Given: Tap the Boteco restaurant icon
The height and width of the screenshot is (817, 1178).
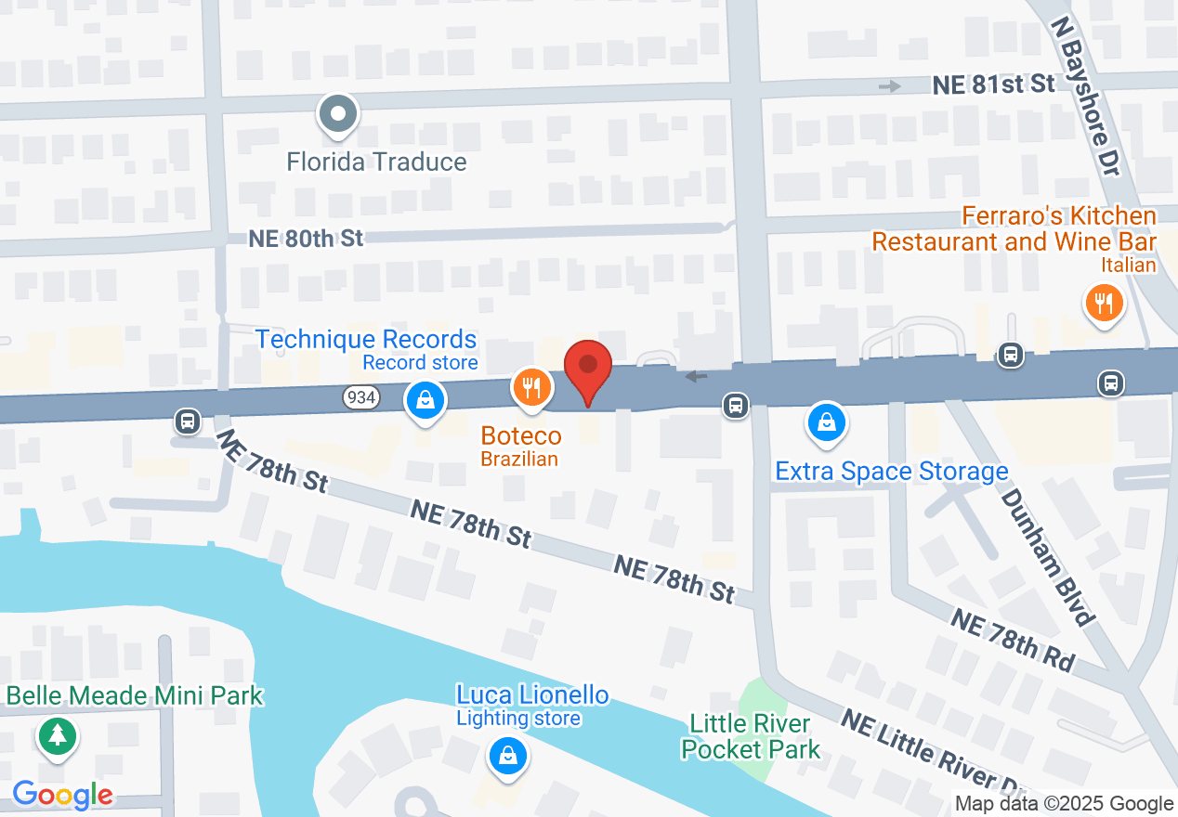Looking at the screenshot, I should pos(531,388).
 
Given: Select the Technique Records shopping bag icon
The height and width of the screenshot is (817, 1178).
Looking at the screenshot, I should pos(425,400).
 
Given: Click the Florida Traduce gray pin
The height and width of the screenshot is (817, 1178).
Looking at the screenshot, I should pos(339,115).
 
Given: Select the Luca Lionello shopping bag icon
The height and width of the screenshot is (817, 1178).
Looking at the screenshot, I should pos(508,756).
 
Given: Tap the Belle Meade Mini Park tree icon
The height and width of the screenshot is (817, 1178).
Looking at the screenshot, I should pos(58,736).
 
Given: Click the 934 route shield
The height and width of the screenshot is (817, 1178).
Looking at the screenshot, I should pos(360,397).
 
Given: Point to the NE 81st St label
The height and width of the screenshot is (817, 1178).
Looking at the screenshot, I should pos(993,84).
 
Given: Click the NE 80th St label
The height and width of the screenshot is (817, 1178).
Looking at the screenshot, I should pos(306,239).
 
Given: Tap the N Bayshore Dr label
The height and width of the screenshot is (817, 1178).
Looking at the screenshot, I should pos(1085,96).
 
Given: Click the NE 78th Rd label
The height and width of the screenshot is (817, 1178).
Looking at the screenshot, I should pos(1012,640).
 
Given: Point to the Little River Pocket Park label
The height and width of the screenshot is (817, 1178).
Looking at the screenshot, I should pos(751,736).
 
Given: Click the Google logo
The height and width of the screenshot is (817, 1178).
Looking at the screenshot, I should pos(62,795).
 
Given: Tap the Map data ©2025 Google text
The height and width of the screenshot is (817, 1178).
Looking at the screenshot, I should pos(1065,804).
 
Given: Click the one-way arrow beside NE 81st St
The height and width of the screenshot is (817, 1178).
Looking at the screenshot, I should pos(890,86).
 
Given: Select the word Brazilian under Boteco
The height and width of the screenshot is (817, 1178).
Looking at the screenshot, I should pos(519,459).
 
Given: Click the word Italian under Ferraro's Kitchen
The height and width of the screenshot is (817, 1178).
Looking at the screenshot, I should pos(1129,266).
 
